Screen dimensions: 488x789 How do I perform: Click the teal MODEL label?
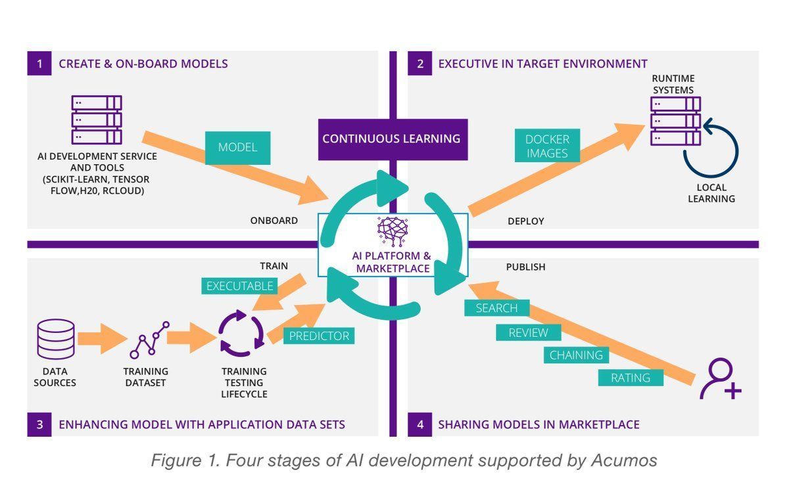pos(237,147)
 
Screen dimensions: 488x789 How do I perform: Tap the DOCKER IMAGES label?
pos(547,146)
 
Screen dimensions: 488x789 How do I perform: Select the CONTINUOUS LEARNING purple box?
pos(392,139)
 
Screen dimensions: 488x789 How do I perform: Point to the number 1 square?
pos(40,64)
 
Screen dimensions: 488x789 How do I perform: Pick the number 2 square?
pos(420,64)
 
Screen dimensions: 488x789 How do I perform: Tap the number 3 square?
pos(40,424)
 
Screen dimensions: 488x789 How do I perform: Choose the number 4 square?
pos(420,424)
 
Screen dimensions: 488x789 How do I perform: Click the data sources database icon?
pos(55,340)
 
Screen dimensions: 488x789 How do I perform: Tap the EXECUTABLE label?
pos(239,286)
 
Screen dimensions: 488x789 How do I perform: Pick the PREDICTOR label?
pos(319,336)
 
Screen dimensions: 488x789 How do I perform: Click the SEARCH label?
pos(496,307)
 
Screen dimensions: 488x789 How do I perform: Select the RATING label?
pos(630,378)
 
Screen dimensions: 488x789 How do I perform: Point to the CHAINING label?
pos(576,355)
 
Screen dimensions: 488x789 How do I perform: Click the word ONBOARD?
pos(274,221)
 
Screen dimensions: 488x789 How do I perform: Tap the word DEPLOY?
pos(525,221)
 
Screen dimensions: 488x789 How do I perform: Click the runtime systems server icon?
pos(675,121)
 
